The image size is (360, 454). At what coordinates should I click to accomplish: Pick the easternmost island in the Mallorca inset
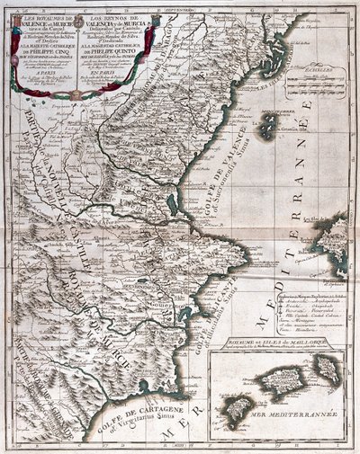328,368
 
